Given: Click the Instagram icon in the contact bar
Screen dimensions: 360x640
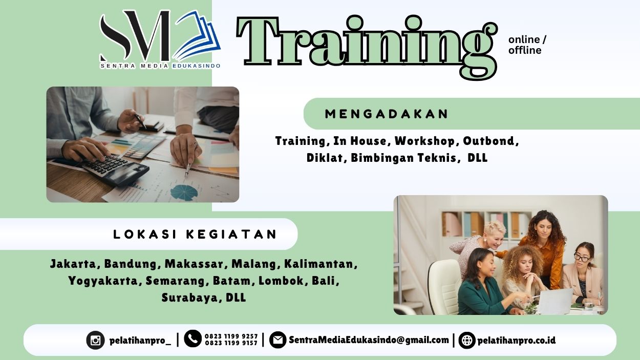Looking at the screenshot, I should (95, 340).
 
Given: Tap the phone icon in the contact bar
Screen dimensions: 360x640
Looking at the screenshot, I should (193, 338).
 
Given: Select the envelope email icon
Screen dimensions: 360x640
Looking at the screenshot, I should (278, 340).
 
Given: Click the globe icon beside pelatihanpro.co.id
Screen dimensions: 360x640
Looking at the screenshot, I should (466, 340).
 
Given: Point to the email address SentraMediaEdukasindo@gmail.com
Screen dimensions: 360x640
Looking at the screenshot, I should (369, 340).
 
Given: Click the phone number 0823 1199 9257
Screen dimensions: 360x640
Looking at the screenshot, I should (231, 336).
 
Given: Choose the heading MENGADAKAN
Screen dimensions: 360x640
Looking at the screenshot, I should (387, 114).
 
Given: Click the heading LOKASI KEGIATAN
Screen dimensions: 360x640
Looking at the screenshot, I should (195, 235).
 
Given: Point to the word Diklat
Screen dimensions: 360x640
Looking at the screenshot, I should (326, 158).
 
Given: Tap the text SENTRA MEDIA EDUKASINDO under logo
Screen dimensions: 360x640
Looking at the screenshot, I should (160, 66).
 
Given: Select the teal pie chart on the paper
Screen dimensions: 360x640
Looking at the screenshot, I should (183, 192).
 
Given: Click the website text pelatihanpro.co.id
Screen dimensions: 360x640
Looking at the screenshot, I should (516, 340).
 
